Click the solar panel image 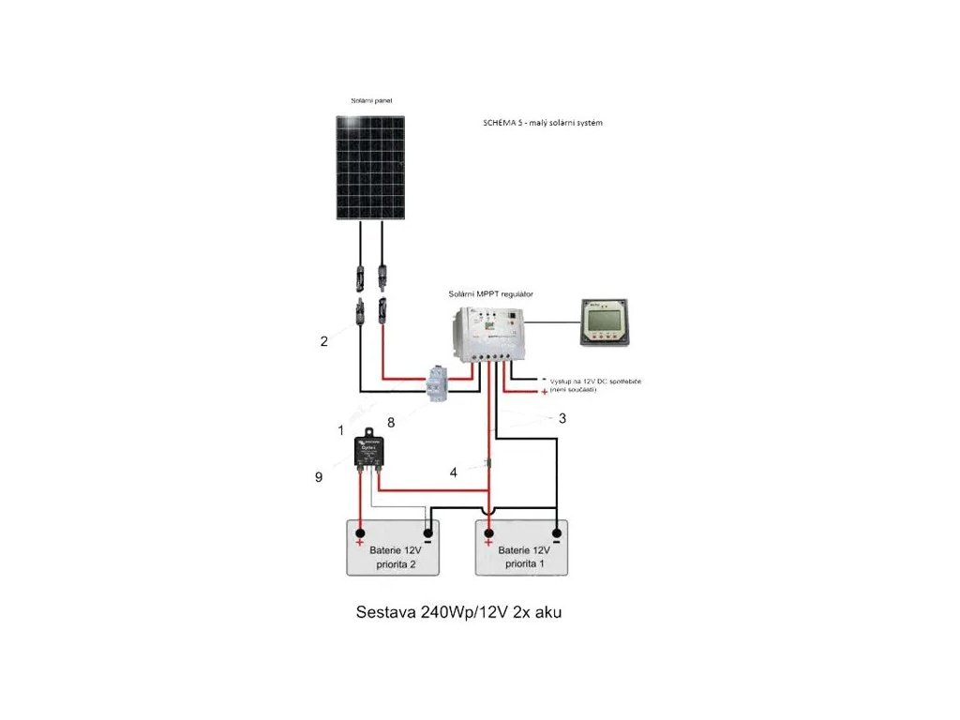tap(371, 168)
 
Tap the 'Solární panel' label tap(371, 100)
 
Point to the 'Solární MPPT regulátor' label tap(491, 293)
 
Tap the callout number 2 tap(324, 341)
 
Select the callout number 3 tap(562, 419)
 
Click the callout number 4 tap(454, 472)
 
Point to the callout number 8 tap(391, 423)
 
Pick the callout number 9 tap(319, 477)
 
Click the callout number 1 tap(341, 429)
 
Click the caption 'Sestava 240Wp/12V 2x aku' tap(459, 612)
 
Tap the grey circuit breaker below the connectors tap(437, 383)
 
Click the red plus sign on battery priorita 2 tap(359, 543)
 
